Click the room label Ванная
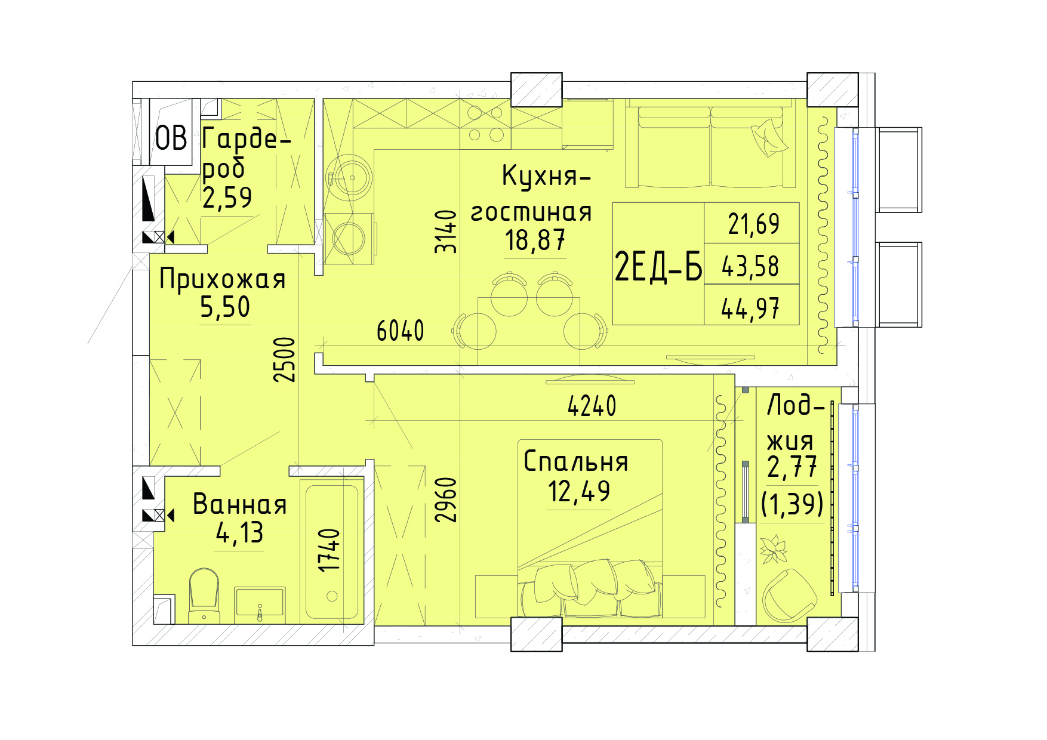pyautogui.click(x=239, y=505)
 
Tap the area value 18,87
pyautogui.click(x=535, y=240)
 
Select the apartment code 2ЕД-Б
pyautogui.click(x=658, y=266)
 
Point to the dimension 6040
pyautogui.click(x=400, y=331)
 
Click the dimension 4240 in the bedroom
pyautogui.click(x=592, y=406)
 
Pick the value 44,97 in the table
pyautogui.click(x=750, y=309)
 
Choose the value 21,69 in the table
pyautogui.click(x=753, y=224)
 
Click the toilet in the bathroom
pyautogui.click(x=204, y=596)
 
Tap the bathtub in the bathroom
pyautogui.click(x=332, y=551)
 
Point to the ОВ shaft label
pyautogui.click(x=171, y=138)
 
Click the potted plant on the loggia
pyautogui.click(x=773, y=549)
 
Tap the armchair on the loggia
pyautogui.click(x=789, y=596)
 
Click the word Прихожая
pyautogui.click(x=223, y=279)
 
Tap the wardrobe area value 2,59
pyautogui.click(x=227, y=198)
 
